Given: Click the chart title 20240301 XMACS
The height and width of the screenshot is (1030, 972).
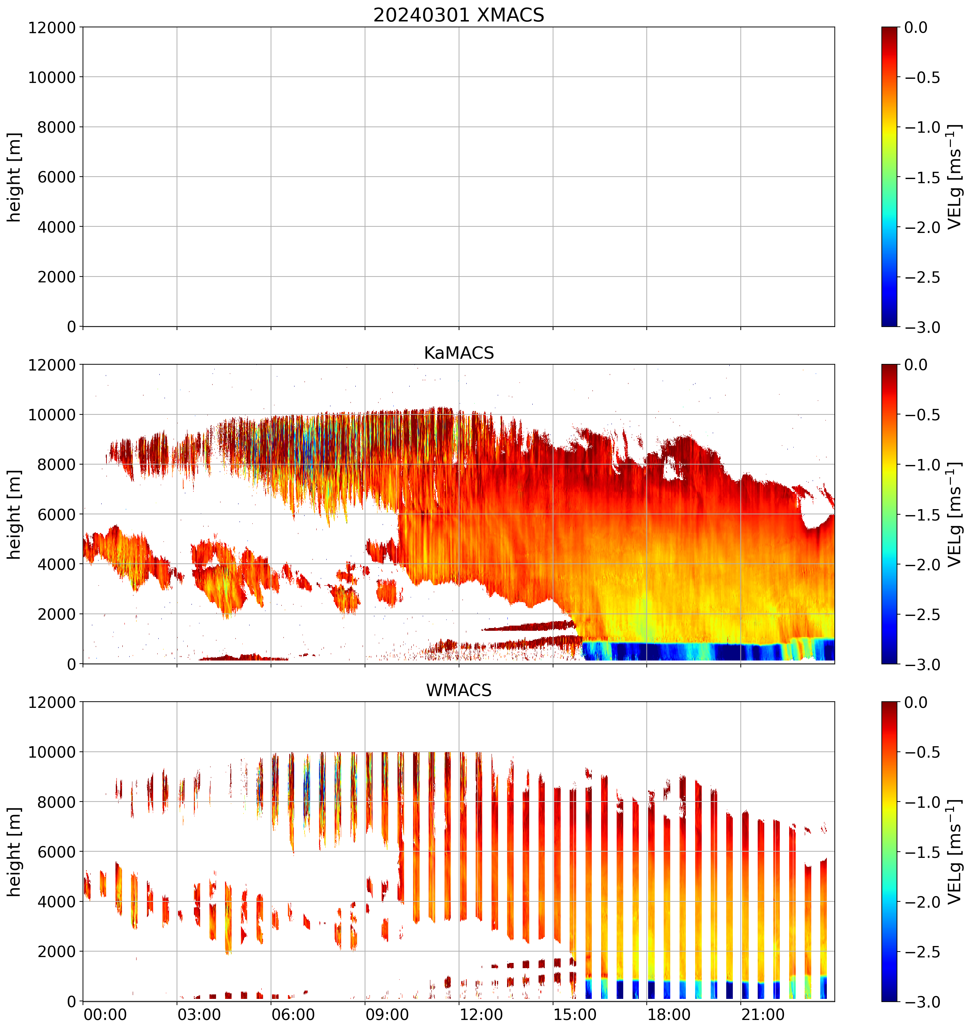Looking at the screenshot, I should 459,15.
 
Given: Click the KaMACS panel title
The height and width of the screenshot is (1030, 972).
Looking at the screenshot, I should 459,353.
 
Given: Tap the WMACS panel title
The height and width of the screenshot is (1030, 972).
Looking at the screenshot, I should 459,690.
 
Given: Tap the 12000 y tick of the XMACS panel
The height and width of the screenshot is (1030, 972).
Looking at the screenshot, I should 52,27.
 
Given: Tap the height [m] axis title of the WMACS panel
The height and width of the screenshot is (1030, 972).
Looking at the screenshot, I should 15,852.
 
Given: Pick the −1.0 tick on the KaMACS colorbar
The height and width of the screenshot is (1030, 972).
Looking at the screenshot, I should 922,465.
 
